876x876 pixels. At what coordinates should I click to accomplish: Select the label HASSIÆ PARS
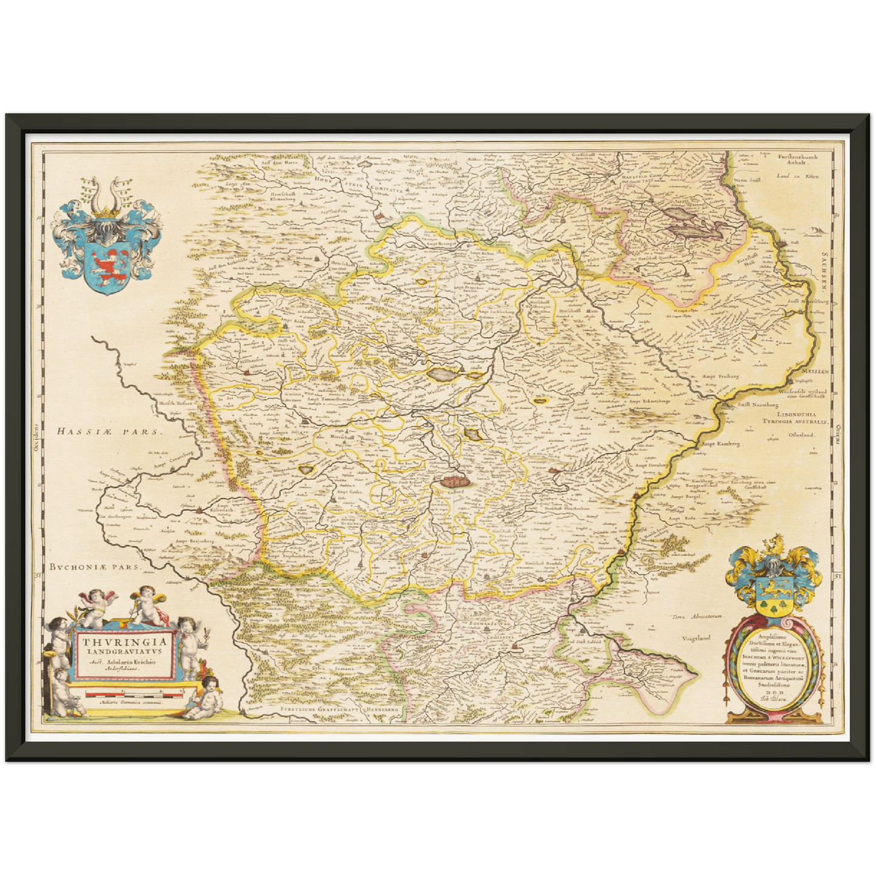pos(108,432)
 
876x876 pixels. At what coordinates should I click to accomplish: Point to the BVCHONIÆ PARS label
pos(95,568)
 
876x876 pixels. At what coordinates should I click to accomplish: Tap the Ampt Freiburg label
pos(721,376)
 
